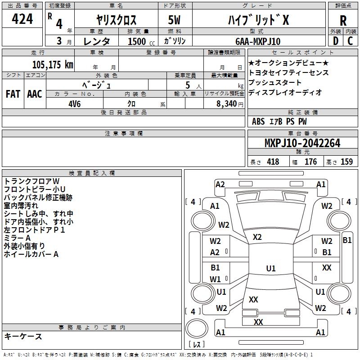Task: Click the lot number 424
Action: pos(22,19)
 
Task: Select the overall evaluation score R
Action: pos(343,20)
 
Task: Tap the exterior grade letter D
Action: pos(335,41)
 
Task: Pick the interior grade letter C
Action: pos(351,41)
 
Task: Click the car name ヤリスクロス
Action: pos(116,20)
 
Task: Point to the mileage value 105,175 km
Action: pos(52,64)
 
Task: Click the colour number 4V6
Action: pos(75,103)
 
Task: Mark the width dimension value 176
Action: pos(310,162)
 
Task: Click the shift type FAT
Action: pos(13,94)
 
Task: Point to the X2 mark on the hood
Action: pos(257,237)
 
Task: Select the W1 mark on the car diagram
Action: pos(215,279)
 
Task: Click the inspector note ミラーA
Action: pos(18,238)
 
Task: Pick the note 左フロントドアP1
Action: pos(35,229)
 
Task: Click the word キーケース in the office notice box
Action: pos(23,337)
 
